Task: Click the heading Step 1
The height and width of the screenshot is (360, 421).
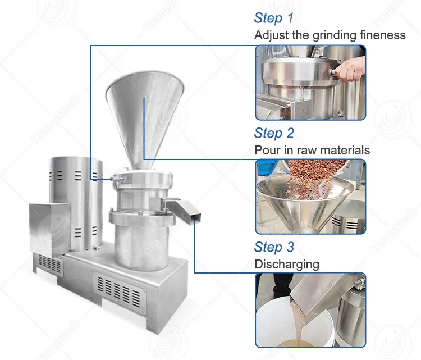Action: point(273,19)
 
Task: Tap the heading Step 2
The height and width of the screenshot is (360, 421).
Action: point(274,133)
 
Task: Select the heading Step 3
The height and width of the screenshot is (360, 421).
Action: point(274,247)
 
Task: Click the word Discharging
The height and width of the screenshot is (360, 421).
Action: point(287,265)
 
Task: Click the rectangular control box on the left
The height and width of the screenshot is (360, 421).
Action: point(50,229)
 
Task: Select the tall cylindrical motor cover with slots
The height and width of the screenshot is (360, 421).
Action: point(76,203)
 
